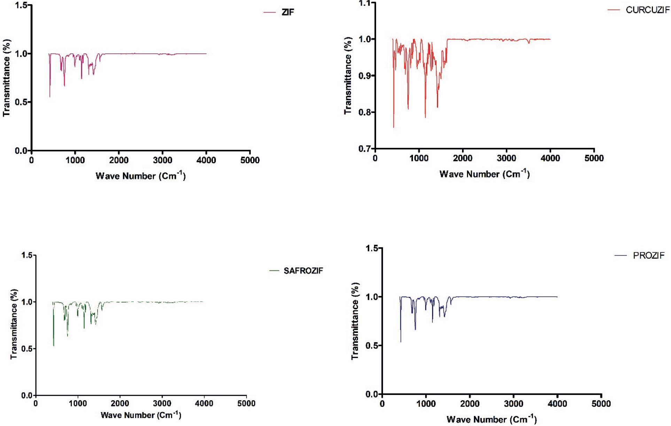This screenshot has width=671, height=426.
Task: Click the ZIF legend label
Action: click(x=288, y=12)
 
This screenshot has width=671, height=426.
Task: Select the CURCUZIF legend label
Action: click(x=647, y=10)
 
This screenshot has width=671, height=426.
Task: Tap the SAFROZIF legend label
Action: click(x=303, y=271)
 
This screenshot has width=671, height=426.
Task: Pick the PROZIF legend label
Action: click(x=649, y=256)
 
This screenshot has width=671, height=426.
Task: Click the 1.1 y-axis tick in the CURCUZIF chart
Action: click(x=365, y=3)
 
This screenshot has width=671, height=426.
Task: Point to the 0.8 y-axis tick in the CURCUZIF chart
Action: click(x=365, y=112)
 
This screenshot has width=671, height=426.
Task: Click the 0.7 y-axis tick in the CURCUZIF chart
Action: click(x=365, y=149)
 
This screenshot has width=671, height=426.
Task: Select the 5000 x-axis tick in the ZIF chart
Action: click(x=250, y=160)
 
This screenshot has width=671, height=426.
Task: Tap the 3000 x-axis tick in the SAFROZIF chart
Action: click(x=162, y=404)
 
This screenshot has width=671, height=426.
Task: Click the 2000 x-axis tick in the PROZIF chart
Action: click(x=470, y=404)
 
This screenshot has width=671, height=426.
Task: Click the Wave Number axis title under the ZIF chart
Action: click(x=140, y=176)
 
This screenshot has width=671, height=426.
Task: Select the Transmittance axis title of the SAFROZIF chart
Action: click(x=14, y=324)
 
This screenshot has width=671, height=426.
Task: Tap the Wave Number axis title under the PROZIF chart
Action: click(x=491, y=419)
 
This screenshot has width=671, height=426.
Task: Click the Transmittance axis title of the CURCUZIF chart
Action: click(x=348, y=75)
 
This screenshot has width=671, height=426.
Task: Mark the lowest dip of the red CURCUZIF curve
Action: click(x=394, y=127)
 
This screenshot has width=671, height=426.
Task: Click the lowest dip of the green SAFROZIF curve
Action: click(x=54, y=345)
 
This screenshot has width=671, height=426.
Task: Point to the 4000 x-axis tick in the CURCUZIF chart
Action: click(x=550, y=158)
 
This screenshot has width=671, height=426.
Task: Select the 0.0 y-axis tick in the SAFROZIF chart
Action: click(x=26, y=395)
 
